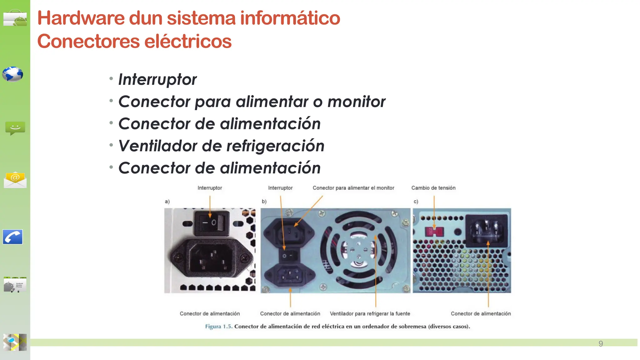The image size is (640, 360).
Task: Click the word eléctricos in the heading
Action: point(188,42)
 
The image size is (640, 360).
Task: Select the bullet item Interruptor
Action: point(157,79)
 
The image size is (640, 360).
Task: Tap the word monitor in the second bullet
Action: point(356,102)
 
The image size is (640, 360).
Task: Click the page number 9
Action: point(601,344)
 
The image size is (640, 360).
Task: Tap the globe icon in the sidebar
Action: point(13,74)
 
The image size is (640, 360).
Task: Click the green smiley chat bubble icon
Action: point(15,128)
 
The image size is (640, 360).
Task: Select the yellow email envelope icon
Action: point(15,180)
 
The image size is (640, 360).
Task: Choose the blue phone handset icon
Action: point(13,237)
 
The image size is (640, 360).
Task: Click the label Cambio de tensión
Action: point(433,188)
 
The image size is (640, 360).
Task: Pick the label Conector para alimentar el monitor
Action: point(353,188)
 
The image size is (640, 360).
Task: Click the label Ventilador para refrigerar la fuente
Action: point(370,313)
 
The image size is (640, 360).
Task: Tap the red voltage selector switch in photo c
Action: point(434,232)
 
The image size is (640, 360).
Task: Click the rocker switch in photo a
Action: point(210,223)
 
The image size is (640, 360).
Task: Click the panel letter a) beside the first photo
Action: point(167,202)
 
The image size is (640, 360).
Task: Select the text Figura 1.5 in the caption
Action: point(218,327)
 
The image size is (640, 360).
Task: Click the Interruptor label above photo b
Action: point(280,188)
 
